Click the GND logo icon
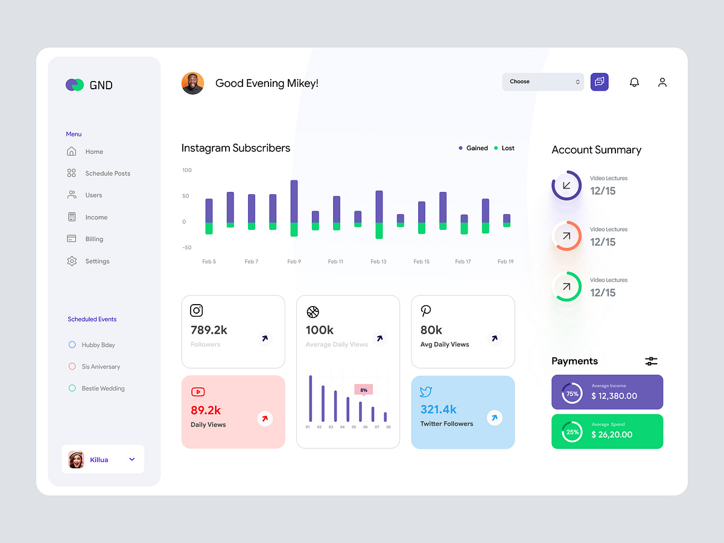pos(75,85)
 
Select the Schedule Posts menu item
pos(107,173)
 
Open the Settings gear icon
pos(72,261)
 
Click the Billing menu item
pos(94,239)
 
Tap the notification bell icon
pos(634,82)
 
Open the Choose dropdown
pos(542,81)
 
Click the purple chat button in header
pos(599,81)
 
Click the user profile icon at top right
pos(662,82)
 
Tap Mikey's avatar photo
pos(192,83)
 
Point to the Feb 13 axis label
pos(378,262)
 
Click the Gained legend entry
pos(473,148)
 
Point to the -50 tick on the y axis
pos(187,247)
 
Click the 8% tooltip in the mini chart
pos(363,390)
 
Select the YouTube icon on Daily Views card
pos(197,392)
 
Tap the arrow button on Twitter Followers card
pos(494,418)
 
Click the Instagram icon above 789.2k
pos(196,311)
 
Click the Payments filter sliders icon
pos(651,361)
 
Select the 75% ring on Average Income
pos(571,394)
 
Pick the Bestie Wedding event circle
pos(72,389)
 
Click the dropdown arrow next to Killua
pos(132,460)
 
